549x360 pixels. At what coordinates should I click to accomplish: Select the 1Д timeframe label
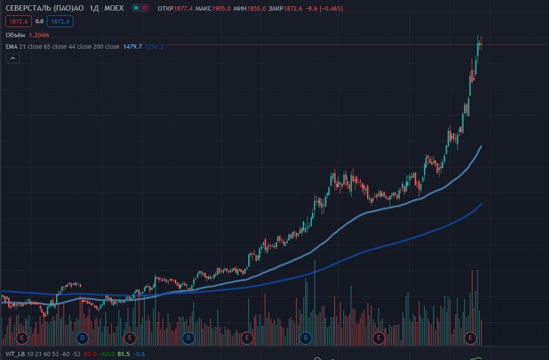point(94,8)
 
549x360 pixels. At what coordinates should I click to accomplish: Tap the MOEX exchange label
point(114,8)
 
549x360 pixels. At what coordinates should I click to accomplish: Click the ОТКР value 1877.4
point(184,8)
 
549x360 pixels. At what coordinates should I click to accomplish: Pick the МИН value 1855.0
point(256,8)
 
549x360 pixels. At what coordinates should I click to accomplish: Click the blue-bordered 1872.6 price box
point(60,21)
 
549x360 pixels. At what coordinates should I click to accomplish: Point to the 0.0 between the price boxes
point(40,21)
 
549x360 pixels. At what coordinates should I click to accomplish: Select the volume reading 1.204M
point(39,35)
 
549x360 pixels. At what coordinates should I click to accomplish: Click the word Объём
point(15,35)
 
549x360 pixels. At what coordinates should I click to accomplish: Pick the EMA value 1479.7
point(132,46)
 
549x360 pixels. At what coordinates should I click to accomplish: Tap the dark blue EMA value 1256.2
point(154,46)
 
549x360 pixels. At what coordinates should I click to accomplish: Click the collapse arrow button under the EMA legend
point(13,58)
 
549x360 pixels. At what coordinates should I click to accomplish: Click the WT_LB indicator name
point(14,354)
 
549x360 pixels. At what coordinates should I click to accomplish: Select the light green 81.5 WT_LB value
point(123,354)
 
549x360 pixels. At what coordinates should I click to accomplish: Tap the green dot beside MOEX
point(137,8)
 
